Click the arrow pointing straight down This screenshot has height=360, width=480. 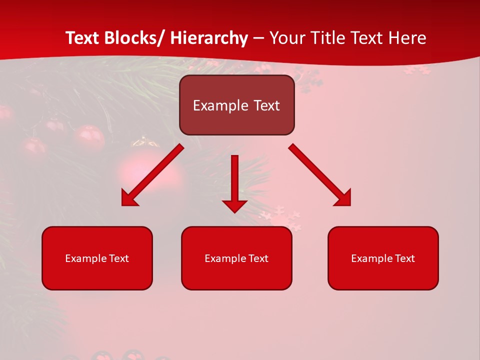click(x=234, y=180)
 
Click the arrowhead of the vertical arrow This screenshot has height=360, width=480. click(x=234, y=205)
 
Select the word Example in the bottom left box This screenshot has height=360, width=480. click(x=85, y=258)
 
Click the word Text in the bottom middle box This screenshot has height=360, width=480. click(x=258, y=258)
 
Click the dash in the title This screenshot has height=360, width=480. click(x=258, y=38)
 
